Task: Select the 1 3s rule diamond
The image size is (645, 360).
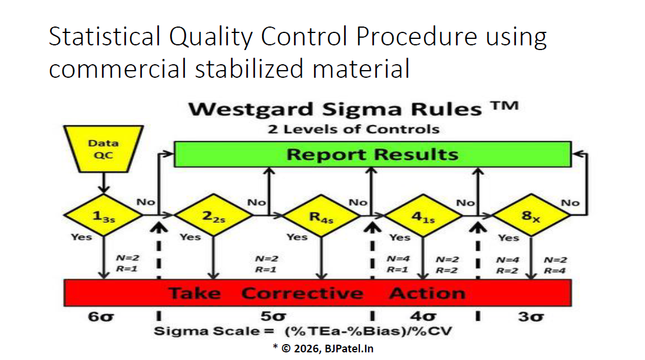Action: point(103,215)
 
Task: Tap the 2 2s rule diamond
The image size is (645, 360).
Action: point(213,215)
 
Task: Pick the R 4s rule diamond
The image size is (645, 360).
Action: point(321,216)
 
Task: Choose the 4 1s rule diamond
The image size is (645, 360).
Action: point(424,216)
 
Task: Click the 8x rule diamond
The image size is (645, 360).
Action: point(531,215)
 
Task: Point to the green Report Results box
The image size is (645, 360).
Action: point(373,154)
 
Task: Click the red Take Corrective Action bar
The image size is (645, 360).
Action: point(317,293)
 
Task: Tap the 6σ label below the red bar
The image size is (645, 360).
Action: point(101,317)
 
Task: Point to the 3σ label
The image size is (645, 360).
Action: point(531,317)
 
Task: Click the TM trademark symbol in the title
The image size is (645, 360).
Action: point(504,106)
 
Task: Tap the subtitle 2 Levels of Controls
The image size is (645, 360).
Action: point(353,129)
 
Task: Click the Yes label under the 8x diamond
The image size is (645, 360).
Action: point(508,238)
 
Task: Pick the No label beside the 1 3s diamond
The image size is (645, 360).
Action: point(145,202)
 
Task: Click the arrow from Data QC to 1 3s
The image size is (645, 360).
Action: point(104,183)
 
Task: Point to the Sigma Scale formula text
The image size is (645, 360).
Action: point(303,331)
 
